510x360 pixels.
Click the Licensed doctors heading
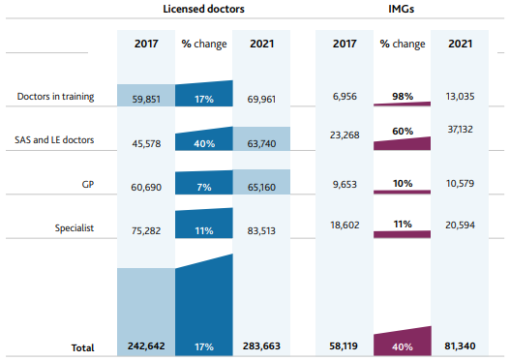pyautogui.click(x=203, y=9)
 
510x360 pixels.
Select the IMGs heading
pyautogui.click(x=401, y=9)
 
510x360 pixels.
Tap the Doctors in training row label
pyautogui.click(x=55, y=97)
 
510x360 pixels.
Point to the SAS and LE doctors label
pyautogui.click(x=54, y=139)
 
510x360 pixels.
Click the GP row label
pyautogui.click(x=88, y=185)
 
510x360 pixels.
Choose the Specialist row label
pyautogui.click(x=75, y=228)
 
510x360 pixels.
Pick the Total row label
pyautogui.click(x=82, y=347)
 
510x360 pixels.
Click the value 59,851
pyautogui.click(x=146, y=99)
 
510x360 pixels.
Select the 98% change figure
pyautogui.click(x=403, y=96)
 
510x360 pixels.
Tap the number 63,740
pyautogui.click(x=261, y=143)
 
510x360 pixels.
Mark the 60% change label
pyautogui.click(x=403, y=131)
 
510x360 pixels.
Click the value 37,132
pyautogui.click(x=461, y=129)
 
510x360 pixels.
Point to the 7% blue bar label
pyautogui.click(x=204, y=188)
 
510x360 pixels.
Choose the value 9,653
pyautogui.click(x=345, y=185)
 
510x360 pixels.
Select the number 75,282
pyautogui.click(x=146, y=231)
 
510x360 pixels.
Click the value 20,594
pyautogui.click(x=461, y=225)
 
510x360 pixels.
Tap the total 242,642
pyautogui.click(x=146, y=346)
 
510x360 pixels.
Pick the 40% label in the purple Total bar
pyautogui.click(x=403, y=347)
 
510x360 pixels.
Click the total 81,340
pyautogui.click(x=460, y=346)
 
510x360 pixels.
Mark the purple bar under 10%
pyautogui.click(x=402, y=192)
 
